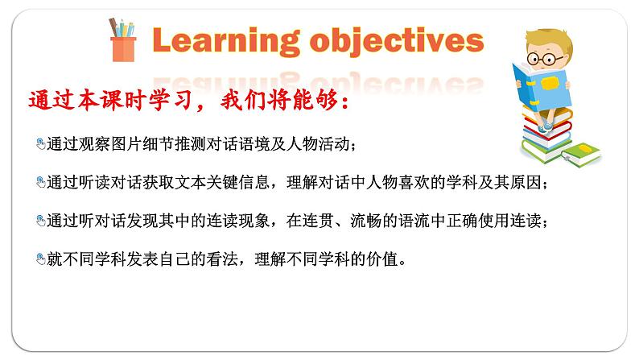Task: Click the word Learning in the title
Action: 226,41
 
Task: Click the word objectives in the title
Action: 397,41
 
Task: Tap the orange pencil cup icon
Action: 122,40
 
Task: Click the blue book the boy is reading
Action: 541,87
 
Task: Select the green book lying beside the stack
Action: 581,154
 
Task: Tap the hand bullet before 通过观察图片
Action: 41,144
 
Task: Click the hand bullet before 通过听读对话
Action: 41,182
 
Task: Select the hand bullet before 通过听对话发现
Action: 41,221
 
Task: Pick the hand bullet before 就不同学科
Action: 41,259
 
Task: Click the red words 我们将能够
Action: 279,101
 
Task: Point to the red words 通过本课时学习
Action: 109,101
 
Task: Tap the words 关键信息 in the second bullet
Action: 238,182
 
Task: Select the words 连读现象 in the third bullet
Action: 238,221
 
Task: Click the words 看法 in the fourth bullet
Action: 222,259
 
